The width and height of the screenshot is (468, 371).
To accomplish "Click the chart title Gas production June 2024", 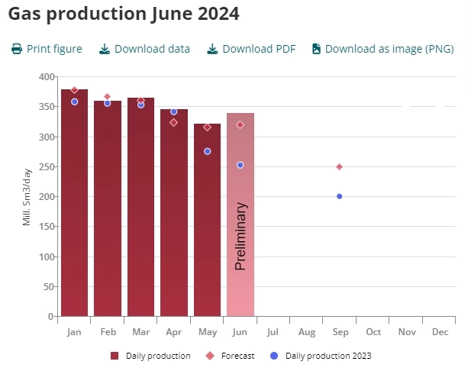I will tap(124, 14).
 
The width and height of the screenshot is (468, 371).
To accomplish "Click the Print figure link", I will tap(47, 49).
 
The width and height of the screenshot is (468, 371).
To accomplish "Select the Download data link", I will tap(144, 49).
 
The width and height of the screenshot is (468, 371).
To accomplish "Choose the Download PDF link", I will tap(251, 49).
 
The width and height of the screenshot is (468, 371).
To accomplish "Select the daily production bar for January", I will tap(74, 206).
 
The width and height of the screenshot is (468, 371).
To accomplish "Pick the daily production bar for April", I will tap(174, 218).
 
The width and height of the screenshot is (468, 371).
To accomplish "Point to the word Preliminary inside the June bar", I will tap(240, 236).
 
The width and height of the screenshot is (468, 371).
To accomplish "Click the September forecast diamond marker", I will tap(340, 166).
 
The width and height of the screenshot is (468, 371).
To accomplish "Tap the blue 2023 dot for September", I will tap(340, 196).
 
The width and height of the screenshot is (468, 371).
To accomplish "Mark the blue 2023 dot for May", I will tap(208, 151).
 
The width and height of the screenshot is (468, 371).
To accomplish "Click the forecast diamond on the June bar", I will tap(240, 124).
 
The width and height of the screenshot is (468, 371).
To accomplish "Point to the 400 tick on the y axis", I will tap(46, 77).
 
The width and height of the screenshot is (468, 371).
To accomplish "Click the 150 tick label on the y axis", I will tap(46, 227).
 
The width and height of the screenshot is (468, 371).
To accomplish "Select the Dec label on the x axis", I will tap(440, 332).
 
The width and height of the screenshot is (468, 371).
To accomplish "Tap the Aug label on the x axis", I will tap(307, 332).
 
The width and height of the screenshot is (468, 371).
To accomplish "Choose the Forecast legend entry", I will tap(232, 356).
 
